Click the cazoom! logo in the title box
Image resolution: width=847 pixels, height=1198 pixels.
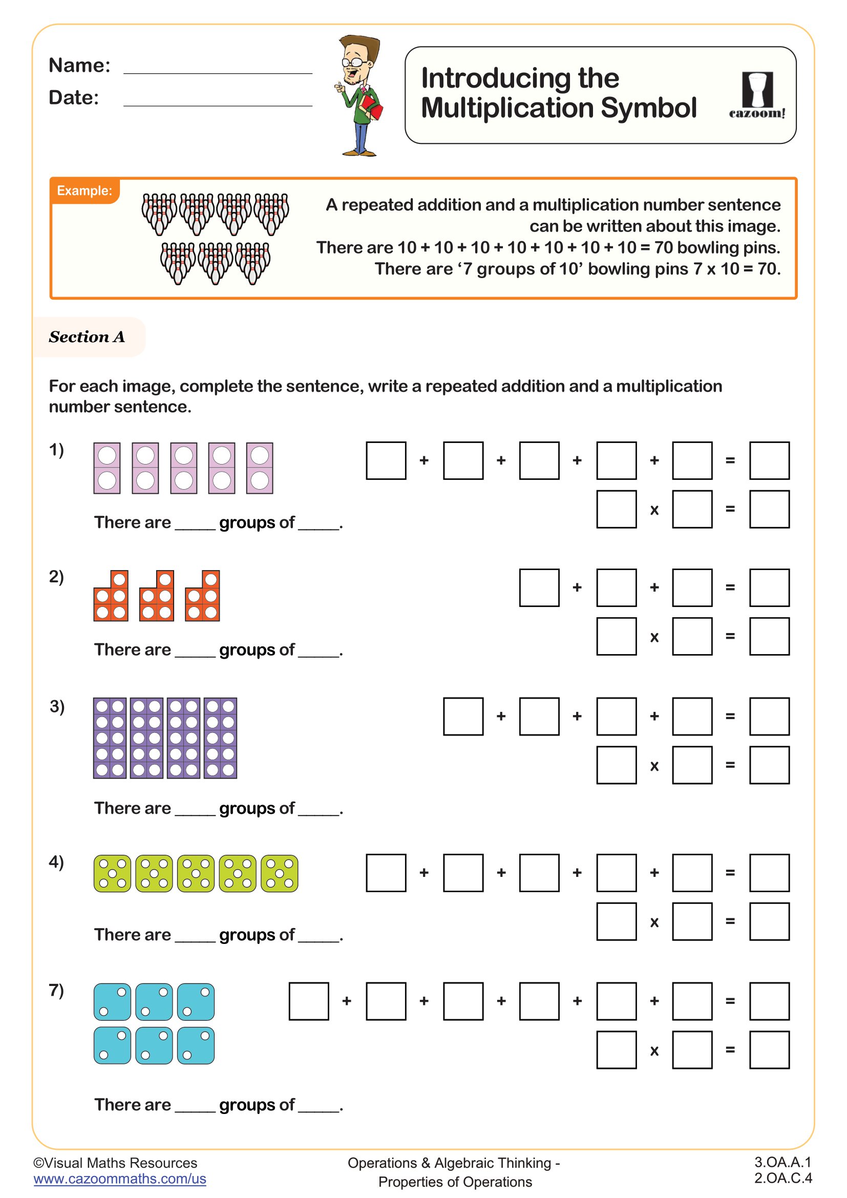tap(757, 95)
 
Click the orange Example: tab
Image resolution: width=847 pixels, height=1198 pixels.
tap(84, 191)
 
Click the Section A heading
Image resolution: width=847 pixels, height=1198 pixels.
tap(87, 337)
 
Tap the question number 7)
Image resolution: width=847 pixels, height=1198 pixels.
tap(56, 990)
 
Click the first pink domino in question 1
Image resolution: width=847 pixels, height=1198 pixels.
tap(107, 468)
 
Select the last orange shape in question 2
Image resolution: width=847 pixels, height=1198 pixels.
tap(203, 596)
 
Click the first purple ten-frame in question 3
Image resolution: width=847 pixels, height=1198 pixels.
tap(110, 738)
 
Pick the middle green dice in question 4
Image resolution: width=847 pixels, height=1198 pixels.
tap(196, 873)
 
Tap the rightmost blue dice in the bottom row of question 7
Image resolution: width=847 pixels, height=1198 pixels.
tap(196, 1046)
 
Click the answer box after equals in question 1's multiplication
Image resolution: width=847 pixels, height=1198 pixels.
tap(769, 509)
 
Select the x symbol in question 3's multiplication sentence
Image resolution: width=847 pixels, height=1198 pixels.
tap(654, 766)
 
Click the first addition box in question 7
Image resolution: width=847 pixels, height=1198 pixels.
tap(309, 1001)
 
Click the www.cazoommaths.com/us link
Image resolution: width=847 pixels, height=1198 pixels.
tap(120, 1179)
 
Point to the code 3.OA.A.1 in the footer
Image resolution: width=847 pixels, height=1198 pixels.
tap(782, 1162)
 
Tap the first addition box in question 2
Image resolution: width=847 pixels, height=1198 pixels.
tap(539, 587)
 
